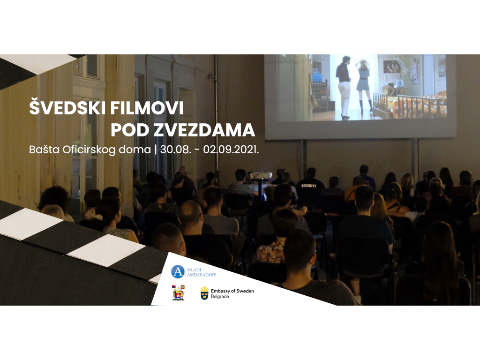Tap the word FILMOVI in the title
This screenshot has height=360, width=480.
click(147, 108)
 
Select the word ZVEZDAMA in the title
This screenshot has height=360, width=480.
click(204, 130)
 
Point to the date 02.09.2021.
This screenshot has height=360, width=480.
click(231, 150)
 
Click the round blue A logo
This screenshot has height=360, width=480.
click(178, 272)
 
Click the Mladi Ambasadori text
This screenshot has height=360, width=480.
click(202, 272)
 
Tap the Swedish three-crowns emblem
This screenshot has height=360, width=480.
click(204, 293)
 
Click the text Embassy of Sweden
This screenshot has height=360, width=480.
click(232, 291)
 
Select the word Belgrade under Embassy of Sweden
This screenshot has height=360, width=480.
click(220, 297)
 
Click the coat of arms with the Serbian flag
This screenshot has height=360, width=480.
click(178, 293)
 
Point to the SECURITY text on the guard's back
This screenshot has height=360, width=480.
click(308, 186)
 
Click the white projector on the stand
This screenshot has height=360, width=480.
click(261, 175)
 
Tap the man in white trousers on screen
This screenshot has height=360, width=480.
click(344, 87)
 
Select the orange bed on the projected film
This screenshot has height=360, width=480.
click(410, 104)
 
